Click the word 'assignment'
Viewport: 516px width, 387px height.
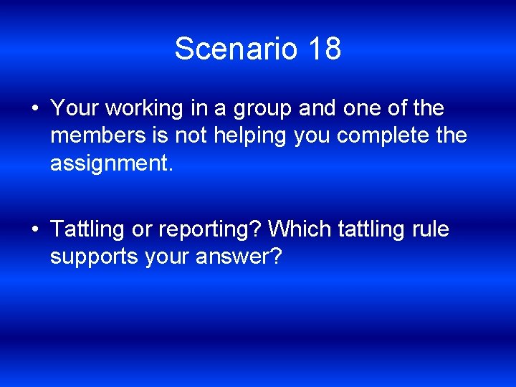pyautogui.click(x=109, y=163)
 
